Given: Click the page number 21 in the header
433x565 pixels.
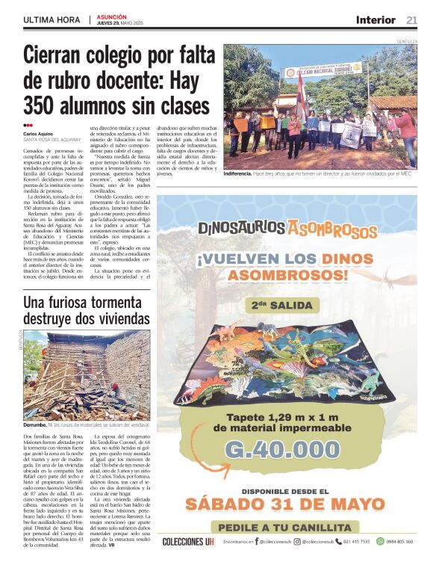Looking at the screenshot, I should [411, 20].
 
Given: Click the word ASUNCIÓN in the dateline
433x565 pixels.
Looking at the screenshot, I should [112, 16].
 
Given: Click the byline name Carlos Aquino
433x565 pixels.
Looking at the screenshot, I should [38, 134].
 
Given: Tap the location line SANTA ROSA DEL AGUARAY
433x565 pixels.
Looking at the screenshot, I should [52, 140].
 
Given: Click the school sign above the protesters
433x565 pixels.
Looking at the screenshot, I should [324, 70].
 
